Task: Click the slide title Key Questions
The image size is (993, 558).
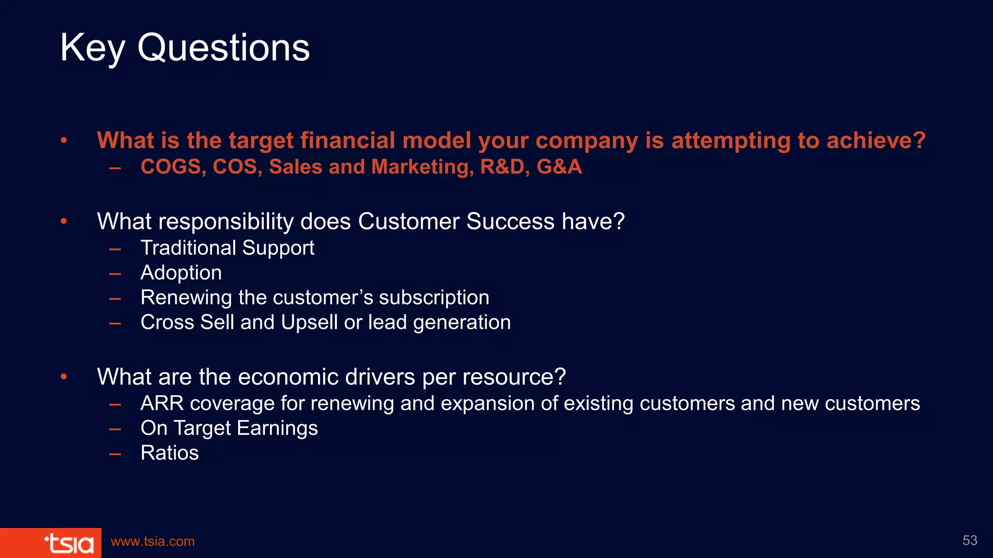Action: click(185, 48)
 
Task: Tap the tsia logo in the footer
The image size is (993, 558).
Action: click(69, 543)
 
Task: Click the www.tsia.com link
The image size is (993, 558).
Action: click(153, 542)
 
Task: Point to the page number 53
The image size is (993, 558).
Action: click(970, 541)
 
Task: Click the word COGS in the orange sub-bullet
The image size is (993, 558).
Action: click(170, 167)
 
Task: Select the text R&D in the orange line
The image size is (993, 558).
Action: click(502, 167)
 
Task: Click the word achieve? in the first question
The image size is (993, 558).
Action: click(876, 140)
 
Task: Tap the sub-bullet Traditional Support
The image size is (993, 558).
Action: click(227, 248)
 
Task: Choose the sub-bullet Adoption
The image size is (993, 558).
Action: click(181, 273)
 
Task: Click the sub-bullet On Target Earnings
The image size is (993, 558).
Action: click(229, 428)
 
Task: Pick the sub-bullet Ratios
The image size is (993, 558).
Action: click(169, 453)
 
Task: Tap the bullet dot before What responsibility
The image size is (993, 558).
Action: click(64, 222)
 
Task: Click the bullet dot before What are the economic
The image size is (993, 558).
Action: click(64, 377)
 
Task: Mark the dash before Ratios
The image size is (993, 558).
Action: click(115, 454)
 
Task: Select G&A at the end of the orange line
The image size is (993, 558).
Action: click(559, 167)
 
